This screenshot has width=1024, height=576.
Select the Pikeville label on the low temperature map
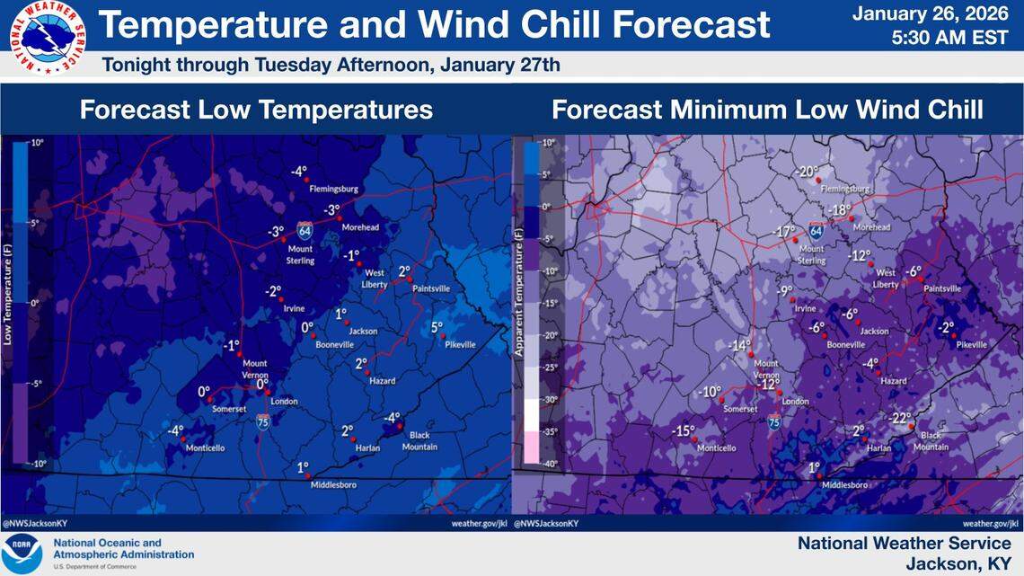point(459,345)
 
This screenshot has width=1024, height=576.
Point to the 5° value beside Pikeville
point(437,328)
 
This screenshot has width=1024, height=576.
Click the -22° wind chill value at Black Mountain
point(900,418)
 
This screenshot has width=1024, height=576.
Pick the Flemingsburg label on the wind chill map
point(846,190)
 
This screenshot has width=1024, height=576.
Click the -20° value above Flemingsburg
point(808,172)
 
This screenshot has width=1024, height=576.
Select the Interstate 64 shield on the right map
point(817,231)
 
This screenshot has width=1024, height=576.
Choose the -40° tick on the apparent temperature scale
point(548,463)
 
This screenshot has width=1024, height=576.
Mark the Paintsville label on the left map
point(431,288)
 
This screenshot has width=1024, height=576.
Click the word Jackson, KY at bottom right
point(958,563)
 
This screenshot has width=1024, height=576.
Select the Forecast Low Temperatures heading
point(256,110)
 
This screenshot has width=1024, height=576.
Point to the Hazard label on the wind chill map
point(894,381)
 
